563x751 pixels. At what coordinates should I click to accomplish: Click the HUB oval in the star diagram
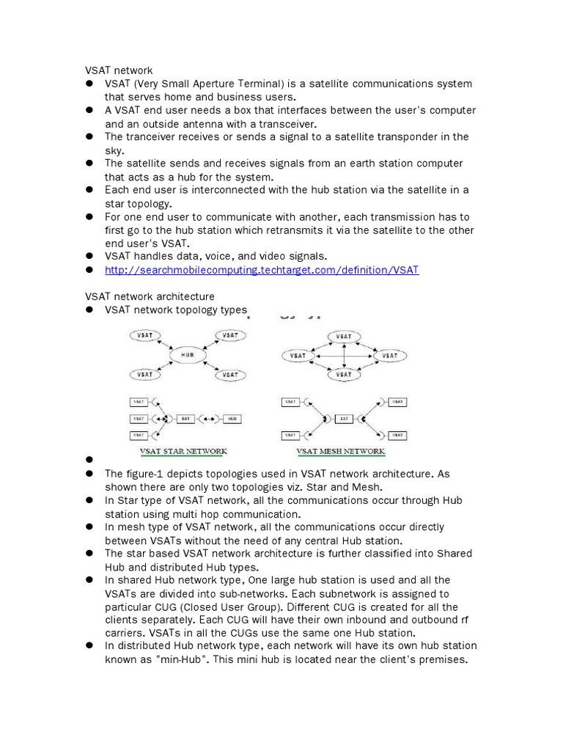[188, 355]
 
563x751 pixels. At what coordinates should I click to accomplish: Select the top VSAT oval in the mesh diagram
[343, 337]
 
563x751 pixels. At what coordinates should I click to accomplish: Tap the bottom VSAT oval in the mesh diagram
[343, 374]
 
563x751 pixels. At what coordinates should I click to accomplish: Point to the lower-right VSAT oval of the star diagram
[230, 374]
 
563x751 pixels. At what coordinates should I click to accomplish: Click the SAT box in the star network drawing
[186, 419]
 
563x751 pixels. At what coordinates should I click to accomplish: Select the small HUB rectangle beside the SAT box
[232, 419]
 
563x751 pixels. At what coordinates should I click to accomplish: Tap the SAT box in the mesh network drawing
[343, 419]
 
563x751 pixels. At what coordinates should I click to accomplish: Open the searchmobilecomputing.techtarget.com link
[262, 270]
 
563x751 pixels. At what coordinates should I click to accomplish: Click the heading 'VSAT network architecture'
[150, 296]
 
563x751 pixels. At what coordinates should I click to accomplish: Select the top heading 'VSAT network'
[119, 70]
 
